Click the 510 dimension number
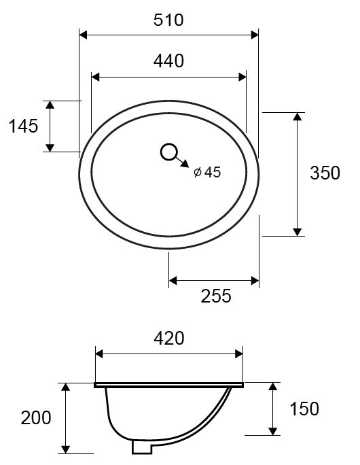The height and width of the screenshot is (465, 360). point(168,20)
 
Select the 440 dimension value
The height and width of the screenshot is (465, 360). point(168,61)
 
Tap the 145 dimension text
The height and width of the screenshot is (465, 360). point(23,126)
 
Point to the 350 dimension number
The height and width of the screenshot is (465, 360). point(325,173)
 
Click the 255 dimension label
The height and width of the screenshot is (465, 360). point(216,296)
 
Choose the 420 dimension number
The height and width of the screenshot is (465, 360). point(169,339)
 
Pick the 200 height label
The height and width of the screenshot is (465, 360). point(36,418)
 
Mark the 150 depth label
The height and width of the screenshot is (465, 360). point(304,409)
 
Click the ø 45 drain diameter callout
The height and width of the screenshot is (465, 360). point(207,172)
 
